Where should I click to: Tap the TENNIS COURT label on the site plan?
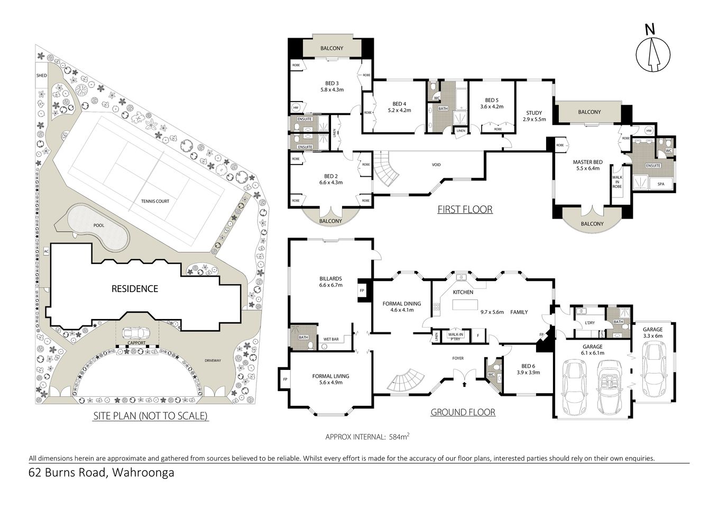tap(155, 201)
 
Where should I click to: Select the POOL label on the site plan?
tap(99, 225)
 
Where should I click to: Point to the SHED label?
tap(41, 76)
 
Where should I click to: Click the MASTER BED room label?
tap(587, 165)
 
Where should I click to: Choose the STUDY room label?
tap(533, 116)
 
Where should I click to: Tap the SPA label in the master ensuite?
tap(660, 184)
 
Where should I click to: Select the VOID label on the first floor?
tap(436, 165)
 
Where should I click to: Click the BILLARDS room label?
tap(330, 282)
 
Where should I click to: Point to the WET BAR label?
tap(331, 340)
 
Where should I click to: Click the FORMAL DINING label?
tap(401, 306)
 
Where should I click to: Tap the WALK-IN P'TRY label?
tap(455, 337)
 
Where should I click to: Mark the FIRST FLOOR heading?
tap(465, 210)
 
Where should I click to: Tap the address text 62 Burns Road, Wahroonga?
tap(101, 473)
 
